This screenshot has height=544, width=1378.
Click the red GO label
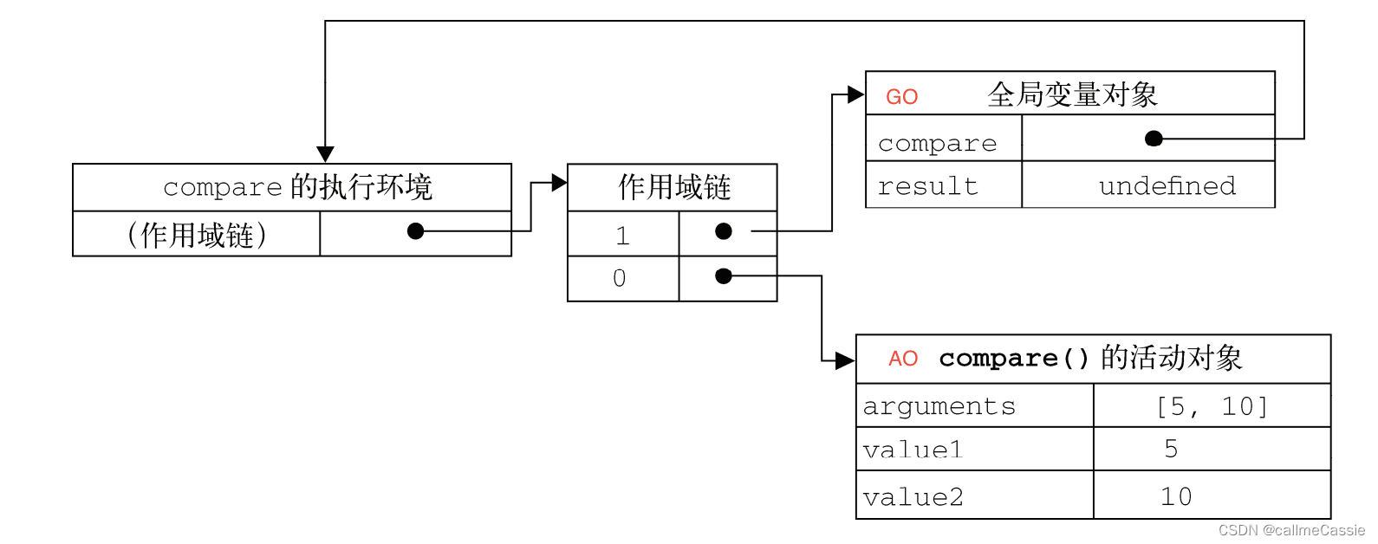901,97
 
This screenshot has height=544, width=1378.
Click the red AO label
903,359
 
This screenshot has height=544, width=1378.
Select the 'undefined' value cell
1167,186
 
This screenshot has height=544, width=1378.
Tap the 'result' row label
927,186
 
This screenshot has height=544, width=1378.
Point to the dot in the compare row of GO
1154,139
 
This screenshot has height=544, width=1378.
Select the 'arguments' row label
939,406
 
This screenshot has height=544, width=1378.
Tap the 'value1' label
913,450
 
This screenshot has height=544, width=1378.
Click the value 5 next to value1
1171,449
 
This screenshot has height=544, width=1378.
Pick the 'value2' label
913,497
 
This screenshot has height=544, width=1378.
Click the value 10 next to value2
1176,497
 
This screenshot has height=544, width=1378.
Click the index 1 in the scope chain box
621,236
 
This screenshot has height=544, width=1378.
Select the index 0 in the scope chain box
619,278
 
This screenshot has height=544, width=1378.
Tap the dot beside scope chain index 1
724,231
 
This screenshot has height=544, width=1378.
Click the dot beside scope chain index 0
724,276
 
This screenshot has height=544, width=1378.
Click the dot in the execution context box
416,231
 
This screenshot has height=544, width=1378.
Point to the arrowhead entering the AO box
844,361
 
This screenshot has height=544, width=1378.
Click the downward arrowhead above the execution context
325,154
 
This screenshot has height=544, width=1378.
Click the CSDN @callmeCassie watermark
1291,530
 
